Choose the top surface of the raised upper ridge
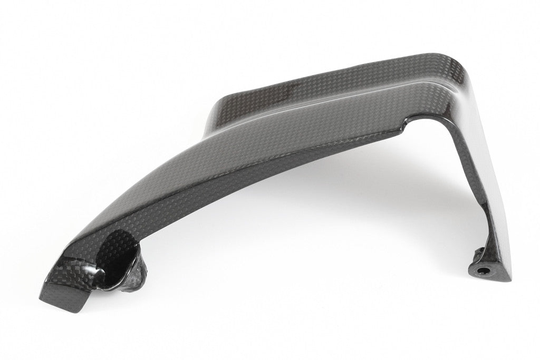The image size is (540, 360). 327,84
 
